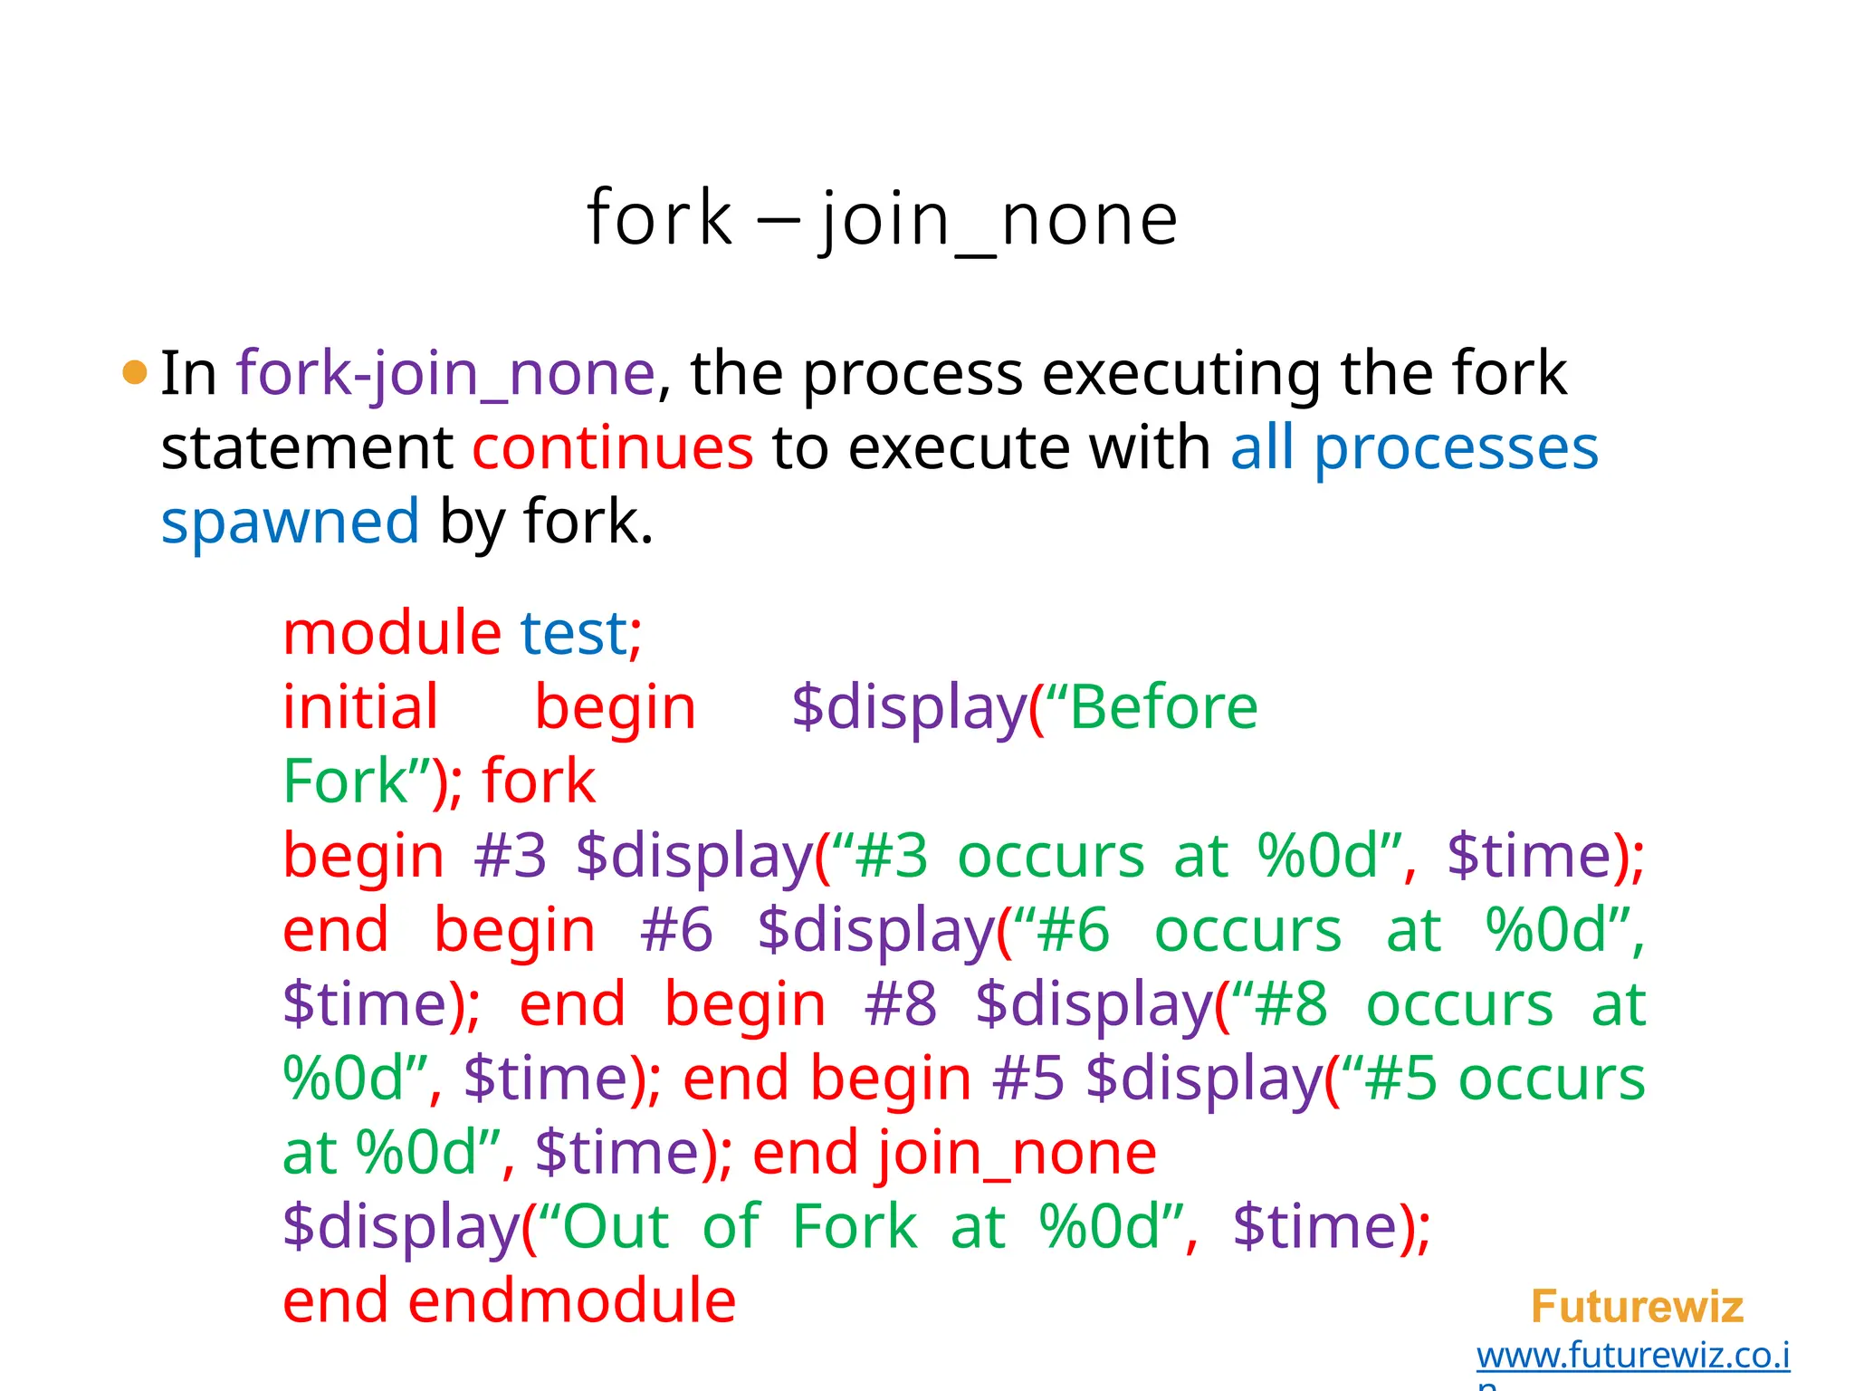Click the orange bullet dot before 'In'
134,372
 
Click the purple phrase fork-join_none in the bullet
445,373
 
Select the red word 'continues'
612,447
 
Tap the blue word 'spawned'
290,523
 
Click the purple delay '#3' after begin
511,855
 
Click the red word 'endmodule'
572,1300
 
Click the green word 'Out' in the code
616,1226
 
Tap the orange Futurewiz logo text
1637,1307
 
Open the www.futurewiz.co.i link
1633,1356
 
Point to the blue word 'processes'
1456,447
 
